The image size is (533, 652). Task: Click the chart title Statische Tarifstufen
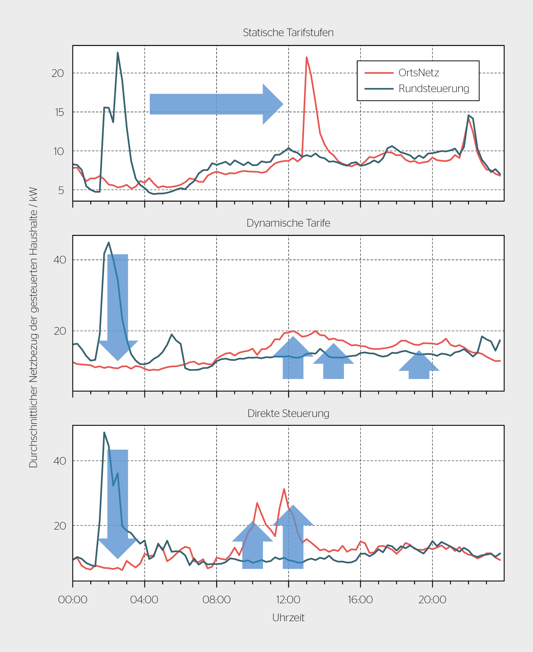(x=288, y=33)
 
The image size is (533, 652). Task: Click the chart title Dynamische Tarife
(x=288, y=223)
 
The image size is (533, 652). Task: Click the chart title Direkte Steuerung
(x=288, y=413)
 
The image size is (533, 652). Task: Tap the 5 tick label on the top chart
(x=61, y=190)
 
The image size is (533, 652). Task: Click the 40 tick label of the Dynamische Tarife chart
(x=60, y=260)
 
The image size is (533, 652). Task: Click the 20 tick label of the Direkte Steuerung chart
(x=60, y=526)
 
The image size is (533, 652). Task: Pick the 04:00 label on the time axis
(x=144, y=600)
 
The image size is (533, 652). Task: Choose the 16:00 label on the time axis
(x=360, y=600)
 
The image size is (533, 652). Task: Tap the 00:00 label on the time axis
(x=73, y=600)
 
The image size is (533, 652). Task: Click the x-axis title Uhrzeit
(x=288, y=617)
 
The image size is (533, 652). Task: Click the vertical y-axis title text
(x=33, y=327)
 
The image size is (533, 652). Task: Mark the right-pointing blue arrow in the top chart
(x=217, y=104)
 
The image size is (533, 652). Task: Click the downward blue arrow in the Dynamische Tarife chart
(x=118, y=307)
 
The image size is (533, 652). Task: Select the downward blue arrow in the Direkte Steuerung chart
(x=118, y=504)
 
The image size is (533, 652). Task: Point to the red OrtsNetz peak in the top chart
(x=306, y=57)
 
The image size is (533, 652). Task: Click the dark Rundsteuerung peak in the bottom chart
(x=104, y=433)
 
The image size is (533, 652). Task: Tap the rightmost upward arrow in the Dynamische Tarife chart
(x=419, y=365)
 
